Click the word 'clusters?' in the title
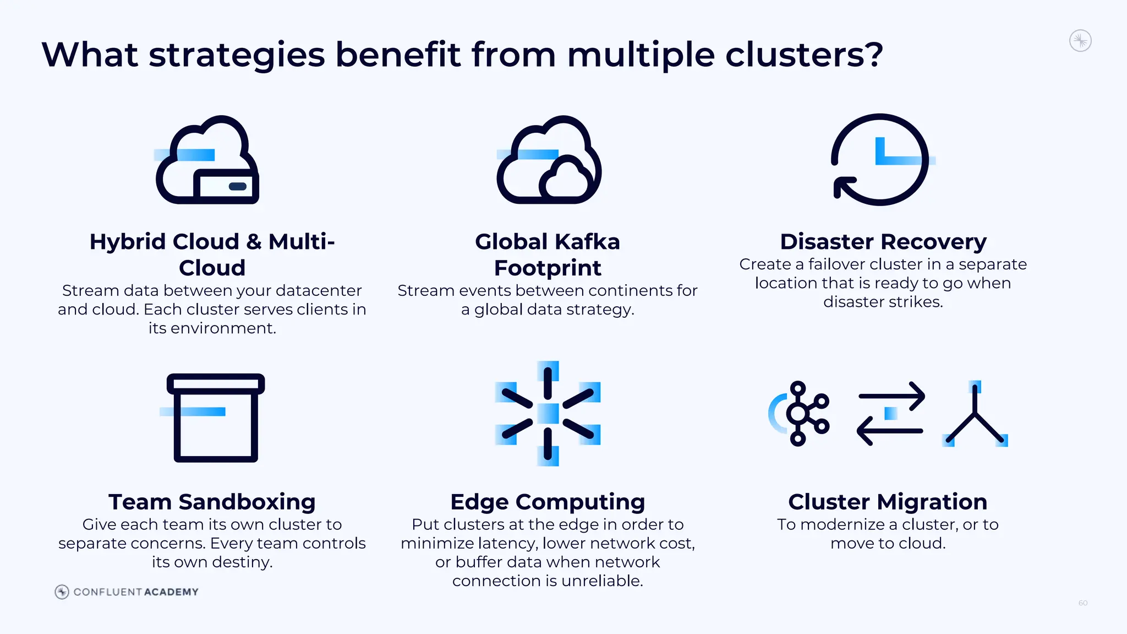point(803,55)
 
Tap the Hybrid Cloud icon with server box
point(207,160)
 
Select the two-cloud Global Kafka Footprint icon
point(549,160)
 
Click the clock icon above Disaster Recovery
point(880,160)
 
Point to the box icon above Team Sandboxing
point(216,418)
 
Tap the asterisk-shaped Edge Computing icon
point(548,414)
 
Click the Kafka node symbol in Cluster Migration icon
point(801,413)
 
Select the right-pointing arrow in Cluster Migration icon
point(891,396)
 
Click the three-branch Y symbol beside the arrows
point(975,416)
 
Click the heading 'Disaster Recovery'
point(883,242)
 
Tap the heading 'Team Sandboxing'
point(212,502)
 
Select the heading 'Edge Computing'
point(548,502)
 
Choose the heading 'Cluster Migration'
point(887,502)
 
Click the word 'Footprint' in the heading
point(548,268)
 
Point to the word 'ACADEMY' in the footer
point(171,592)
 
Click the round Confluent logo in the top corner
point(1080,41)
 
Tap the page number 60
point(1082,603)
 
